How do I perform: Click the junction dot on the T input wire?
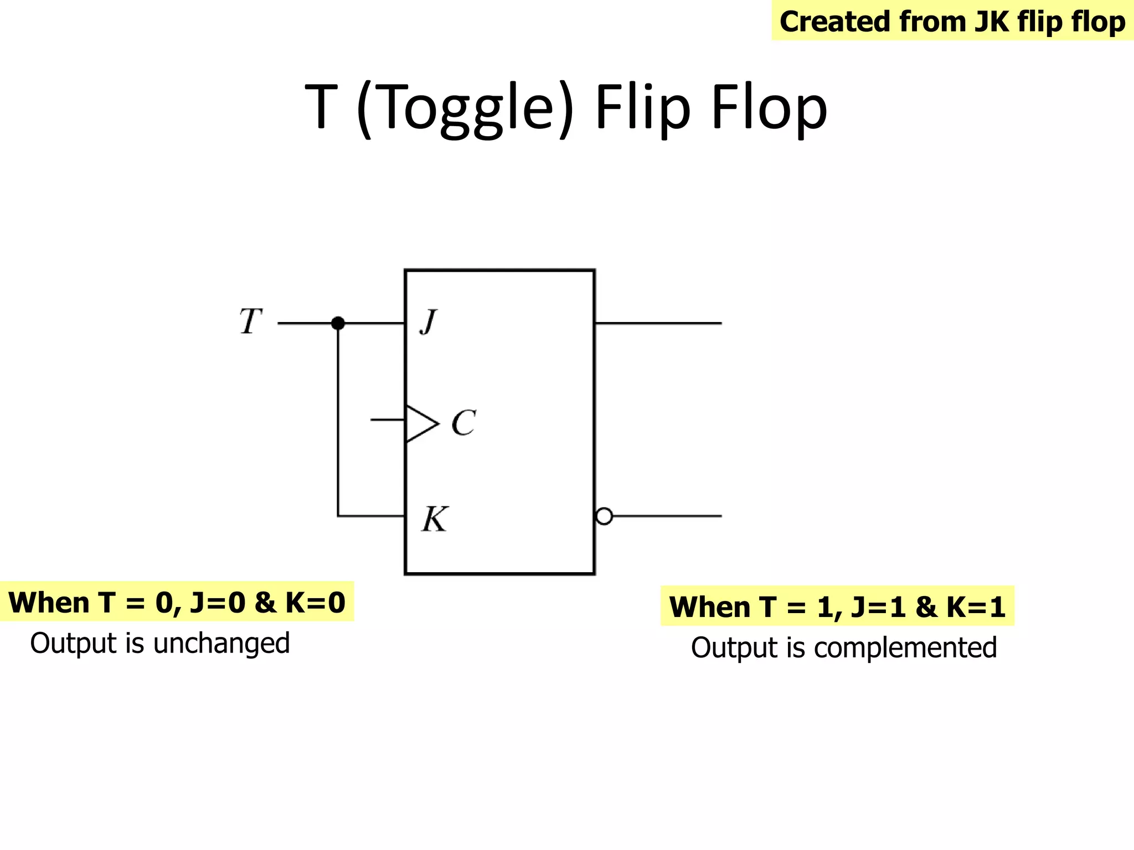coord(338,323)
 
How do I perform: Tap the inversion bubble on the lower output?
coord(604,516)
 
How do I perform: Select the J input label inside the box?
coord(429,322)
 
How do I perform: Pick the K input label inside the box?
coord(435,519)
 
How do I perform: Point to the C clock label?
coord(463,423)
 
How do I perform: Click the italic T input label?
coord(250,322)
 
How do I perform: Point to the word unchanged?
coord(221,644)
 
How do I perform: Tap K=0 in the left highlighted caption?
coord(315,602)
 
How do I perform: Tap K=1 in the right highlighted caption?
coord(976,607)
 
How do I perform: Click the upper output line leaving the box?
coord(659,323)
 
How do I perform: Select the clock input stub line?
coord(388,420)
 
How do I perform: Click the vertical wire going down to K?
coord(338,421)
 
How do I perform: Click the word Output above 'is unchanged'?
coord(74,644)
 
